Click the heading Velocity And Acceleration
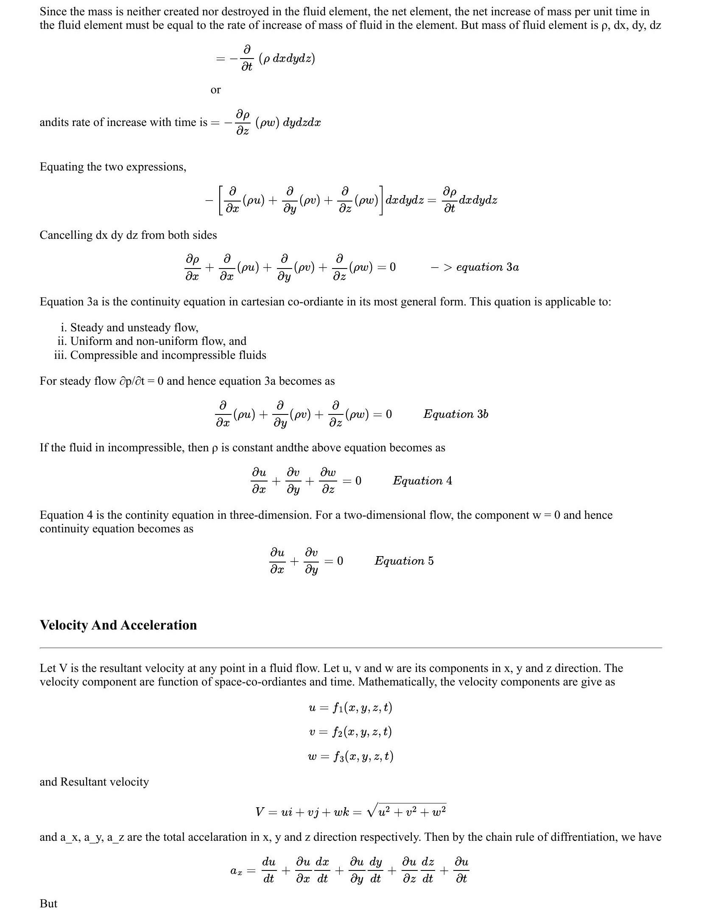tap(118, 625)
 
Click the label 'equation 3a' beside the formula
tap(487, 267)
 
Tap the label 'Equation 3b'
tap(455, 414)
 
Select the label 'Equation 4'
tap(422, 480)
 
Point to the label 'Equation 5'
tap(404, 560)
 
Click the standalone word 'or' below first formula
tap(215, 90)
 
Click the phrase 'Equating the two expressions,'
tap(113, 167)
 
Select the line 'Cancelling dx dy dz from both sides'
tap(128, 235)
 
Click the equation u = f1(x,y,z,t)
tap(350, 708)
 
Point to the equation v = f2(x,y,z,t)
tap(350, 732)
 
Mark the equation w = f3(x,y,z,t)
tap(350, 756)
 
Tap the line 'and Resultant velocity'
tap(94, 782)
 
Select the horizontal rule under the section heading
tap(350, 648)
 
